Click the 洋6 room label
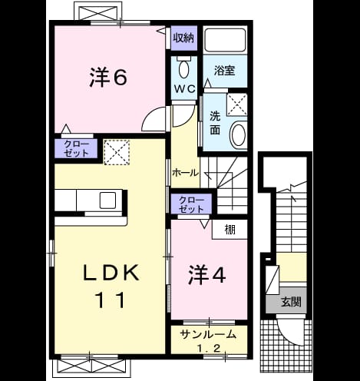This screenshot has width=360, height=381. coord(108,77)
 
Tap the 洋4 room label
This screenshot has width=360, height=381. coord(207,275)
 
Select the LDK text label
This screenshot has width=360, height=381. coord(111,273)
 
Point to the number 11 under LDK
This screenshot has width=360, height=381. coord(111,300)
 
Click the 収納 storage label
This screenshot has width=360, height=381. coord(183,38)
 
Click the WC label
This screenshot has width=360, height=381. coord(185,89)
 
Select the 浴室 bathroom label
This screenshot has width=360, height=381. coord(225,71)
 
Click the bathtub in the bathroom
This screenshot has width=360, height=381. coord(226,40)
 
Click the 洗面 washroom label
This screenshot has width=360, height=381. coord(215,123)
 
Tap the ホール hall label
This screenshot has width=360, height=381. coord(185,173)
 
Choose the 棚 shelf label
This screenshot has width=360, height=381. coord(230,230)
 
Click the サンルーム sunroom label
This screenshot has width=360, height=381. coord(208,334)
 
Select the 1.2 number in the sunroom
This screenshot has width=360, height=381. coord(209,348)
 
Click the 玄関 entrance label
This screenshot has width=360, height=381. coord(291,302)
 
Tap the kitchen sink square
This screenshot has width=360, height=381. coord(107,200)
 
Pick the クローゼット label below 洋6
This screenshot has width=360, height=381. coord(77,148)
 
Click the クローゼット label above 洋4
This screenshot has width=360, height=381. coord(191,204)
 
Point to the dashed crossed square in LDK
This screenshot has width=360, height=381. coord(117,152)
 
